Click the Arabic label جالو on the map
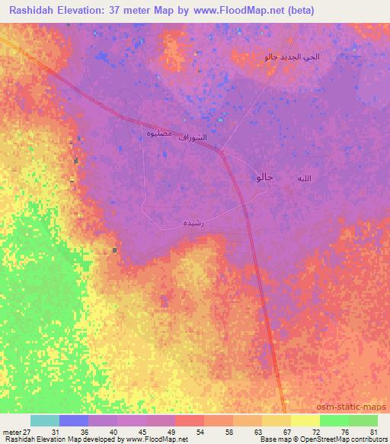[261, 177]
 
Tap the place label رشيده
[192, 223]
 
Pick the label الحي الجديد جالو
[292, 57]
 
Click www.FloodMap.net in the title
[236, 11]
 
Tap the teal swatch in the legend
[45, 420]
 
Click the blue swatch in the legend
[74, 420]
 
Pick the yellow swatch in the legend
[305, 420]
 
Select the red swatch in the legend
[190, 420]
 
